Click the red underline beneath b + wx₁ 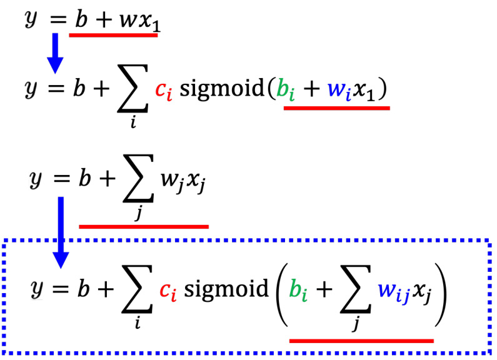point(113,35)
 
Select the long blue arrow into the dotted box point(60,231)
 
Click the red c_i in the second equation point(161,91)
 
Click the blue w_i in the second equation point(337,91)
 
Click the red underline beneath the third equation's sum point(143,226)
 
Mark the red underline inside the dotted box point(362,340)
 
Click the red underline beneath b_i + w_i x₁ point(336,107)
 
